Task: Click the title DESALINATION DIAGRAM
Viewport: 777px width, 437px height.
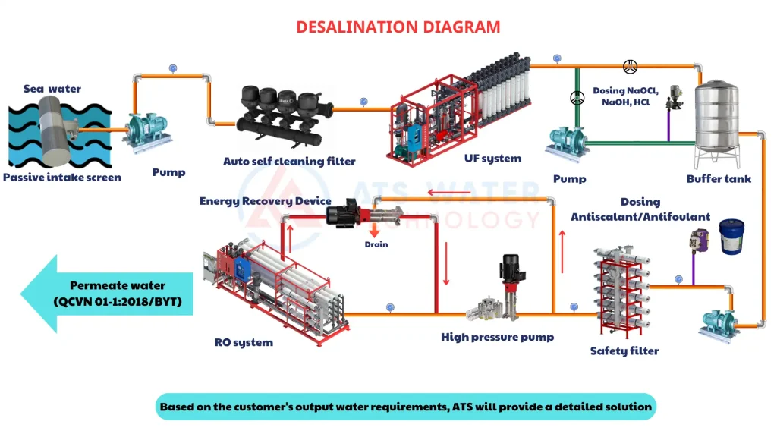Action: pos(398,27)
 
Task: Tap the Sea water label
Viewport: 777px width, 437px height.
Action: pos(52,89)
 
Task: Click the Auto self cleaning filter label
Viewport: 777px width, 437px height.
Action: pos(289,161)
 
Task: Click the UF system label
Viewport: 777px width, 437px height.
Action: pos(492,159)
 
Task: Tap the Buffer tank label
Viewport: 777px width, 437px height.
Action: pos(719,179)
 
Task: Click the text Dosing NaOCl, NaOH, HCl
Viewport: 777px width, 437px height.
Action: pos(625,96)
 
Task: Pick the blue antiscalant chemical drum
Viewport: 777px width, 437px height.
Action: pos(731,237)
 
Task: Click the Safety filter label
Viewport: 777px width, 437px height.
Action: pos(624,351)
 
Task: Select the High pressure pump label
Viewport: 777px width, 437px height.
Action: pos(497,337)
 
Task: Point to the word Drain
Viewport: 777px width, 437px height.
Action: pos(376,244)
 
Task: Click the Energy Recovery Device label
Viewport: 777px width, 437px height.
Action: pos(265,200)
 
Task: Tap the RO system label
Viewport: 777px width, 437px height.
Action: pos(244,342)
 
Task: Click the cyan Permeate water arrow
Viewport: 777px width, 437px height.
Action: pos(106,294)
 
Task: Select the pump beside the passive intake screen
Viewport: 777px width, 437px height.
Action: pos(147,131)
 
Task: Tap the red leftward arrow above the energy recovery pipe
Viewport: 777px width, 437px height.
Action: pos(449,192)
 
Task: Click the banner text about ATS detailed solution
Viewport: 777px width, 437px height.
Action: pos(406,407)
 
